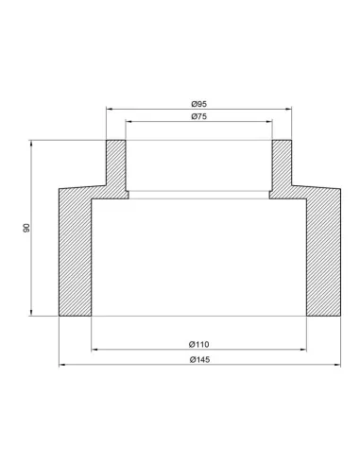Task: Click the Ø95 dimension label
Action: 199,104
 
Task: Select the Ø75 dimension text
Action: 199,116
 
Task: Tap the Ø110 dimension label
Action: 199,344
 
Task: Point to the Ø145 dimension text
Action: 199,359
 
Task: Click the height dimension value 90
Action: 26,228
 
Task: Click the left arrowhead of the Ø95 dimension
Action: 110,109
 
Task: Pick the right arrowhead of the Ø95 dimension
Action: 288,109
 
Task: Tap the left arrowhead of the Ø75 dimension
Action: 129,121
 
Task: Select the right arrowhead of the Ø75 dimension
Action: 269,121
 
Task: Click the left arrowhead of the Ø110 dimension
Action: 94,350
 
